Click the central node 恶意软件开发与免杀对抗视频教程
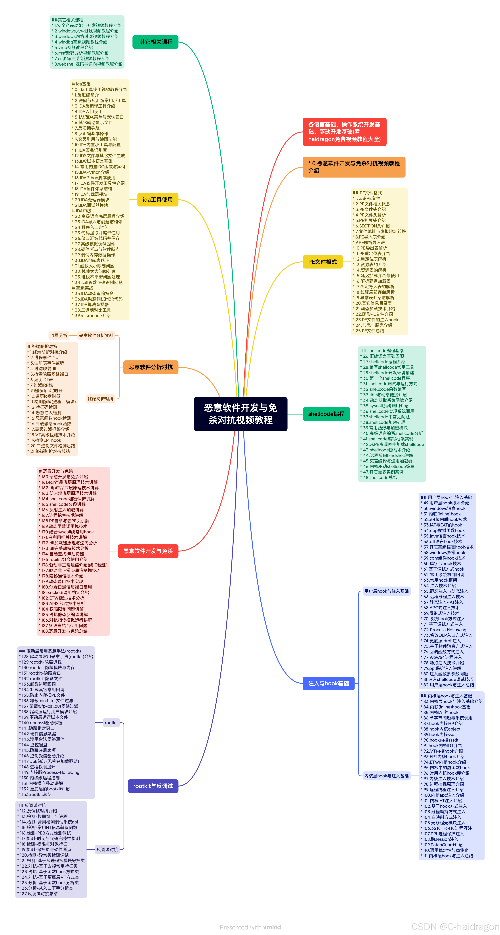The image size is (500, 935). [x=240, y=414]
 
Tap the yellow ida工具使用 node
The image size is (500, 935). [x=158, y=200]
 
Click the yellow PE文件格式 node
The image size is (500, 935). [x=323, y=262]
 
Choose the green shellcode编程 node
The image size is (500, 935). [x=326, y=414]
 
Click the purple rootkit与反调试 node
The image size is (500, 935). [x=153, y=786]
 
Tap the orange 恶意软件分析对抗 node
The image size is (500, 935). [x=151, y=367]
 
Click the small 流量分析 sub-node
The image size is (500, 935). [x=59, y=335]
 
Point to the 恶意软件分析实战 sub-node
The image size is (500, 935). [x=96, y=335]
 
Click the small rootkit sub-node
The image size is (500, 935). [x=111, y=723]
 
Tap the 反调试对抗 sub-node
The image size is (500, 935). [x=107, y=849]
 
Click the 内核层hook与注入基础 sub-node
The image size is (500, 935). [x=386, y=776]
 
